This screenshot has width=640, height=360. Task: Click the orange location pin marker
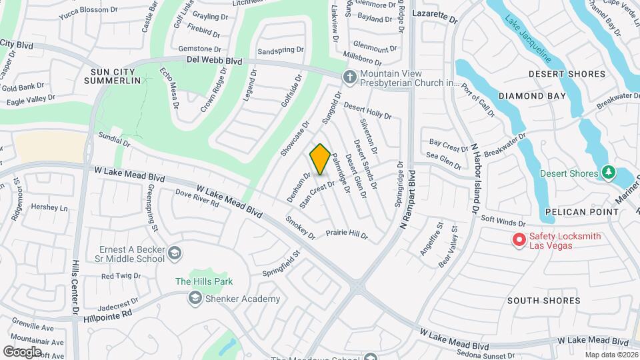point(320,159)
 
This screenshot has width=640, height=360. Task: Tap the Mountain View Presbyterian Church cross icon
point(349,78)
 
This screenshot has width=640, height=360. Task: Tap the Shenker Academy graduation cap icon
point(195,299)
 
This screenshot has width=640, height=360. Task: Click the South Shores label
point(543,301)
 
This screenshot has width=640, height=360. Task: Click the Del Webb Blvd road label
point(214,61)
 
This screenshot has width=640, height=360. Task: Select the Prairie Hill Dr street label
point(347,234)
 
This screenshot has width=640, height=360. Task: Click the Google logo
point(23,351)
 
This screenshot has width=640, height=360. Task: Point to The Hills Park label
point(201,281)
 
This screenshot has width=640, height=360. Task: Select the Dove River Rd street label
point(197,198)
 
